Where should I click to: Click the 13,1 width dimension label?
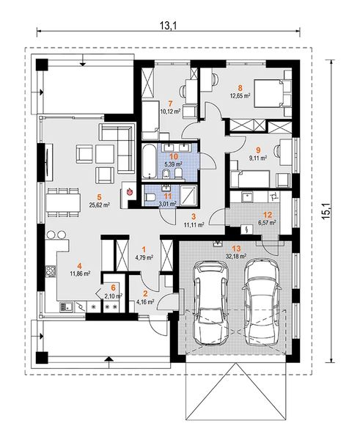tap(169, 25)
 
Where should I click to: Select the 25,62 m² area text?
tap(99, 205)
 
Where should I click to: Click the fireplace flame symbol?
tap(129, 192)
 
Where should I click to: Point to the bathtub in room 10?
tap(149, 161)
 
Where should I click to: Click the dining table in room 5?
tap(64, 202)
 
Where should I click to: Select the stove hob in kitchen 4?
tap(51, 271)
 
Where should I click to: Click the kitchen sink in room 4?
tap(66, 307)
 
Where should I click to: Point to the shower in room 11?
tap(189, 194)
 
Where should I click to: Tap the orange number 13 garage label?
tap(236, 249)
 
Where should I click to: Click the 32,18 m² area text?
tap(236, 256)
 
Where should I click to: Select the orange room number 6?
tap(113, 287)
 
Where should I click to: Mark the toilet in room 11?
tap(150, 197)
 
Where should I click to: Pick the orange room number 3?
tap(194, 216)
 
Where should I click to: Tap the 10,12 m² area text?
tap(170, 111)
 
